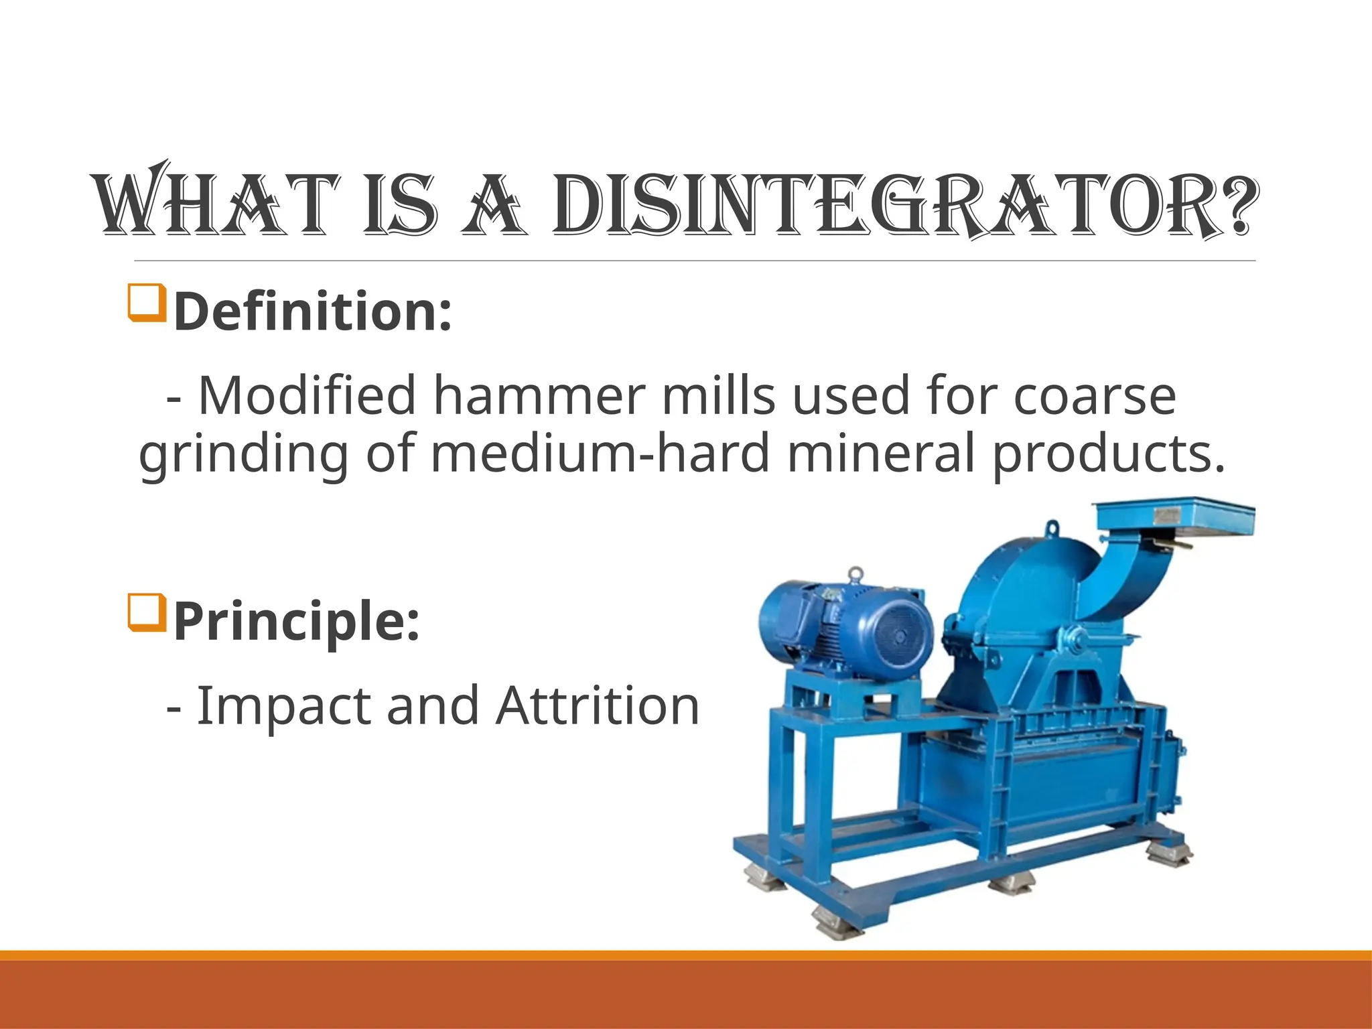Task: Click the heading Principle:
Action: coord(296,621)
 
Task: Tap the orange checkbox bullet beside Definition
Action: coord(146,303)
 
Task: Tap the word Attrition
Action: coord(598,705)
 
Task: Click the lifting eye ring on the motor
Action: coord(855,575)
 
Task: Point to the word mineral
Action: coord(880,454)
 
